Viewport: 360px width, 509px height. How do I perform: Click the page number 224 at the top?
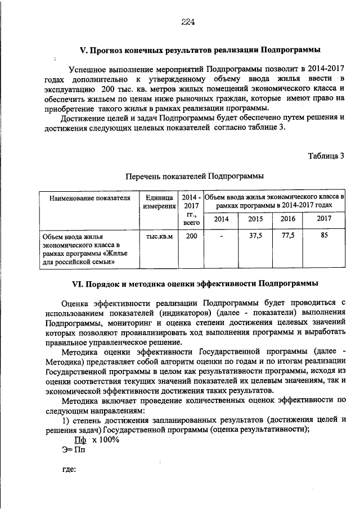pyautogui.click(x=187, y=22)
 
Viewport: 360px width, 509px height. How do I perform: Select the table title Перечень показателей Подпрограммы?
pyautogui.click(x=194, y=176)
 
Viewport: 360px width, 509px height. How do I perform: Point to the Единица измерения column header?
pyautogui.click(x=159, y=202)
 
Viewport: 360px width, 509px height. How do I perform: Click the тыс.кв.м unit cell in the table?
pyautogui.click(x=159, y=236)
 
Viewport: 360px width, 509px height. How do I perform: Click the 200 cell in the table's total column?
pyautogui.click(x=191, y=236)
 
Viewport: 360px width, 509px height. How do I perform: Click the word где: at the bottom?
pyautogui.click(x=68, y=470)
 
